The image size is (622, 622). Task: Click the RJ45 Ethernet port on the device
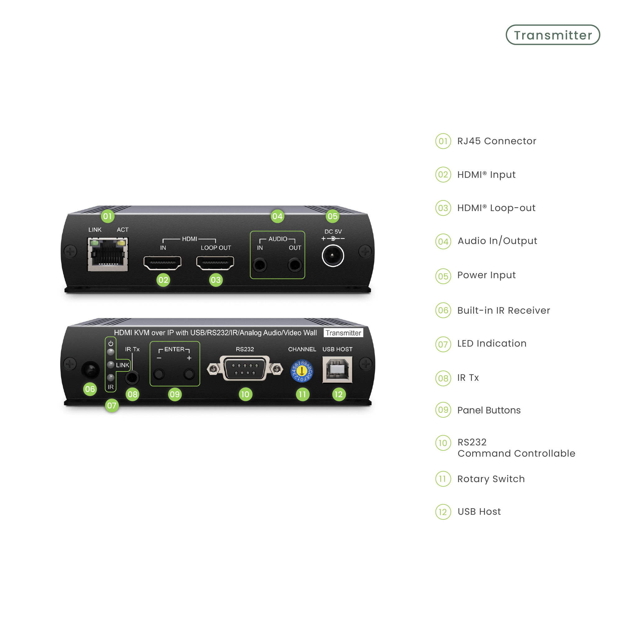click(108, 254)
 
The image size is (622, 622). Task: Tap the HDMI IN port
click(162, 263)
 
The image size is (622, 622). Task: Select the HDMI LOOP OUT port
click(215, 263)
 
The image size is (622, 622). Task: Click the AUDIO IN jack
click(260, 265)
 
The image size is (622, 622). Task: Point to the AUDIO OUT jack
click(295, 265)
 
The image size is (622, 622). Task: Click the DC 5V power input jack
click(333, 256)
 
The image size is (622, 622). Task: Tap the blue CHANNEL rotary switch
click(302, 371)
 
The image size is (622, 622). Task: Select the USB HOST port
click(337, 370)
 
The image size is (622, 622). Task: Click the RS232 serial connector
click(245, 369)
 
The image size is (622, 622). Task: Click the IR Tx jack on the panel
click(132, 377)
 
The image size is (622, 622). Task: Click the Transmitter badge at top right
click(553, 35)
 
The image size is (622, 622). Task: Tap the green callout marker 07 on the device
click(112, 405)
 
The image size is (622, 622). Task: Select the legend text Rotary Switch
click(491, 479)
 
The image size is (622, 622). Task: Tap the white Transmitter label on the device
click(343, 333)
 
